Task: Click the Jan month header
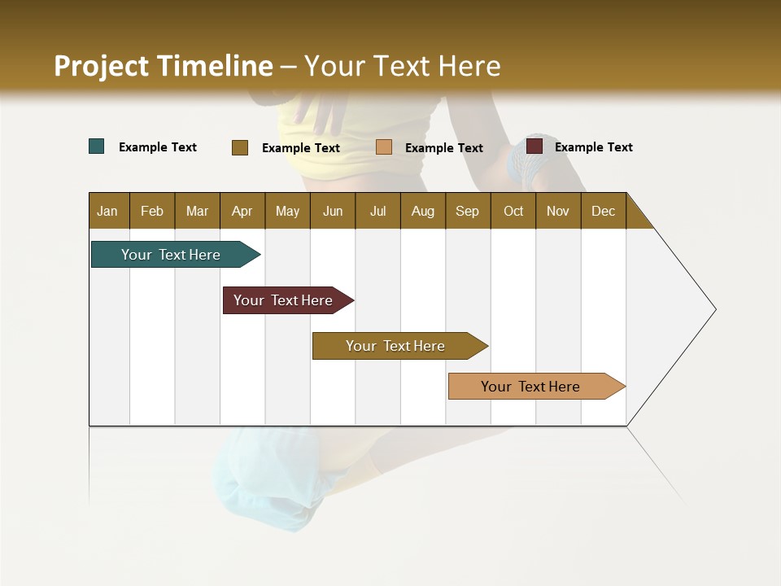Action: point(108,211)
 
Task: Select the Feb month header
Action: point(152,211)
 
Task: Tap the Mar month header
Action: point(197,211)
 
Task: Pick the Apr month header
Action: point(242,211)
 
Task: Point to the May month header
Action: point(287,211)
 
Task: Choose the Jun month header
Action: point(333,211)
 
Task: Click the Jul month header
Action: point(377,211)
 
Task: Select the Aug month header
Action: point(423,211)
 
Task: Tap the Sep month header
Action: point(468,211)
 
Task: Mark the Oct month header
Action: point(513,211)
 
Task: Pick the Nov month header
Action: point(558,211)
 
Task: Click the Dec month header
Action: point(604,211)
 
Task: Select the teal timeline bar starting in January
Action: point(172,255)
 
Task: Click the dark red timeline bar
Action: point(284,300)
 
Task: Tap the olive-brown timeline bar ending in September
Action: point(395,346)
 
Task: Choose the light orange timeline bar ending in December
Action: point(530,387)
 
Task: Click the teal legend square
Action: point(97,146)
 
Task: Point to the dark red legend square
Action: point(534,146)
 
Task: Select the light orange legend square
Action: point(384,147)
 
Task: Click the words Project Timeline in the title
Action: point(164,66)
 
